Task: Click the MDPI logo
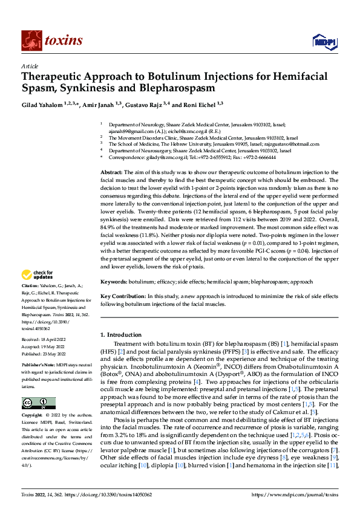[x=323, y=41]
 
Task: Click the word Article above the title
[x=30, y=65]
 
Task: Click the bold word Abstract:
[x=112, y=172]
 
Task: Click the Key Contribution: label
[x=123, y=296]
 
